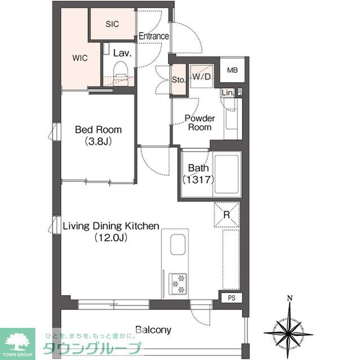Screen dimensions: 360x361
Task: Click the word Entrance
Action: click(x=154, y=37)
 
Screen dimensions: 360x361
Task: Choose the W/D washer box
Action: click(x=201, y=77)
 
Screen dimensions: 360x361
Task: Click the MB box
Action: click(x=232, y=70)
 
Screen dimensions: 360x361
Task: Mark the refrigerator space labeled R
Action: click(x=226, y=215)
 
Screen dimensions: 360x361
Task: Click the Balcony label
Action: click(x=153, y=330)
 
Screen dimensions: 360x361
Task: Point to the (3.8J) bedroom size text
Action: click(x=99, y=141)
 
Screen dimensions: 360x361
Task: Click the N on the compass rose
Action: click(x=289, y=299)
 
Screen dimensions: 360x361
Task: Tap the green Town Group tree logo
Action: click(x=17, y=340)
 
